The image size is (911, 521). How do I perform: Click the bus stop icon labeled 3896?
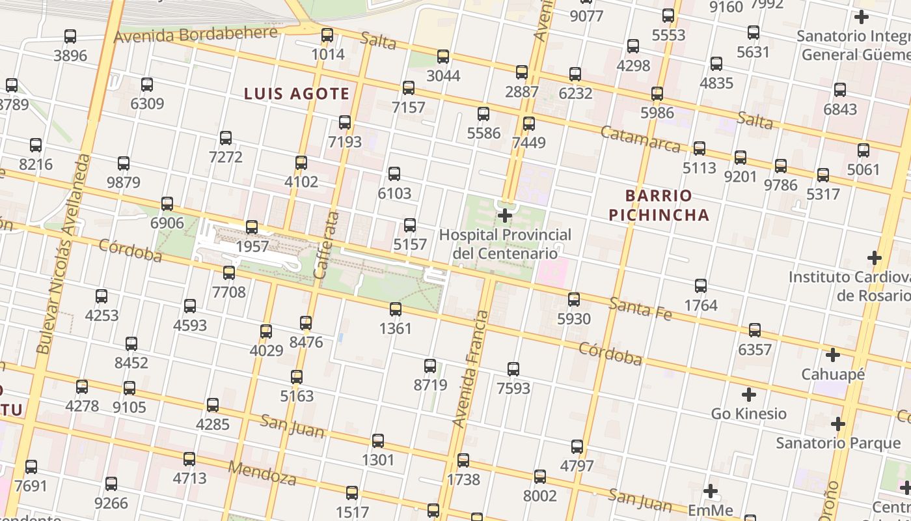[x=70, y=36]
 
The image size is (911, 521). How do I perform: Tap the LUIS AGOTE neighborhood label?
[x=297, y=94]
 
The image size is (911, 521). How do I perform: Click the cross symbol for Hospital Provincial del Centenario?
[x=505, y=215]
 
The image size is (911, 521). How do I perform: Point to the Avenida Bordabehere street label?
[x=195, y=35]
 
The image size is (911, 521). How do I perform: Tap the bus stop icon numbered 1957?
[x=252, y=227]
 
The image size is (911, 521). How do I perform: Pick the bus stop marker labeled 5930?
[x=574, y=300]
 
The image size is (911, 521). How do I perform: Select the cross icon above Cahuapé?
[x=832, y=356]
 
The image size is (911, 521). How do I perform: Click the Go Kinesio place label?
[x=748, y=414]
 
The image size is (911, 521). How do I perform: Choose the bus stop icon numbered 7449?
[x=529, y=123]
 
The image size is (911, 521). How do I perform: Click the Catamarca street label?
[x=640, y=139]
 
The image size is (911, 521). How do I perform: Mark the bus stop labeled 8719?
[x=430, y=366]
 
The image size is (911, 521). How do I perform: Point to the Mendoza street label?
[x=262, y=473]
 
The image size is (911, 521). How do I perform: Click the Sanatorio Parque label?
[x=838, y=444]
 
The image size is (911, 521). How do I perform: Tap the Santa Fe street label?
[x=641, y=308]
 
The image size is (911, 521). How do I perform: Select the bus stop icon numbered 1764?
[x=701, y=286]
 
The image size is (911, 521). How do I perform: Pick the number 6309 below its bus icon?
[x=147, y=104]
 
